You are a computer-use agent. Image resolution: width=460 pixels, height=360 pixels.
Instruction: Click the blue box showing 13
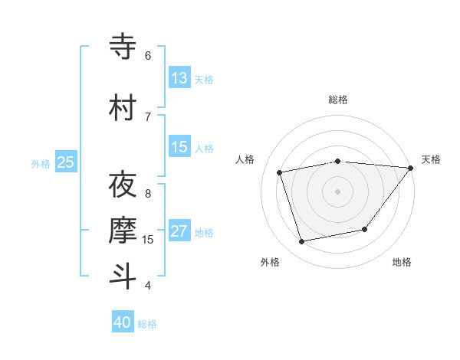179,78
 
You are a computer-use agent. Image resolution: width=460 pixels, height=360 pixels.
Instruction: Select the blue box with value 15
179,147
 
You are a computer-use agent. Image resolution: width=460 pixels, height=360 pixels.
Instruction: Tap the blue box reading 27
179,231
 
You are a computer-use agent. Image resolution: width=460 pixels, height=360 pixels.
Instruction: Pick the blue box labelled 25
66,162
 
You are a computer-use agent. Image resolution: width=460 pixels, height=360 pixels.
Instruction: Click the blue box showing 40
123,322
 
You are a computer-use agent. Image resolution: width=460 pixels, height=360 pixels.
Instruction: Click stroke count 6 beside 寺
148,56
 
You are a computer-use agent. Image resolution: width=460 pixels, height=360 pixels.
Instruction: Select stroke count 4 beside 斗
148,285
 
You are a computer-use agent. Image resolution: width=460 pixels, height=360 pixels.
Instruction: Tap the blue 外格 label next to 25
41,163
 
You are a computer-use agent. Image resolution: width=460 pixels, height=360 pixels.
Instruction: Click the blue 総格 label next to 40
148,324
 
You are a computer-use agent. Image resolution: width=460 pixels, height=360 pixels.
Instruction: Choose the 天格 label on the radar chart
431,159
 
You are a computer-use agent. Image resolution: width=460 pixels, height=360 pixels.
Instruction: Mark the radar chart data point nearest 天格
411,168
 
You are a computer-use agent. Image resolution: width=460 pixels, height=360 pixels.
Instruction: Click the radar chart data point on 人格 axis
280,172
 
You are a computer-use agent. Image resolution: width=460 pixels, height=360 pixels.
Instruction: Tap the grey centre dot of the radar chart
337,191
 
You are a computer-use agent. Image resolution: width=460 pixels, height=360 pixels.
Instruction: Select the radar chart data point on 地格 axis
366,229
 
